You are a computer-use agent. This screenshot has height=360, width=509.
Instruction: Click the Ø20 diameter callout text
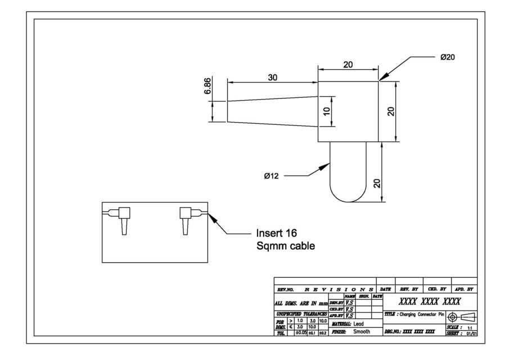tap(448, 57)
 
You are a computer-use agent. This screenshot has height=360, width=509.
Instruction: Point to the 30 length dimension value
tap(272, 78)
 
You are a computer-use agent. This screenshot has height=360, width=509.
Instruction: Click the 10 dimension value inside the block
tap(327, 111)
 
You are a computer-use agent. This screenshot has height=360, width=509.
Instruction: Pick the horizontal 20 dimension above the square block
tap(348, 65)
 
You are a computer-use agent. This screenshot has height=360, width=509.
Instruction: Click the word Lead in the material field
tap(358, 323)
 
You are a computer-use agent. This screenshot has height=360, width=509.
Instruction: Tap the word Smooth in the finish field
tap(362, 332)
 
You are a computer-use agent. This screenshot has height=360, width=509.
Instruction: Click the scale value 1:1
tap(469, 327)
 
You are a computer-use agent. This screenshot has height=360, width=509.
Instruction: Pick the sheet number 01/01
tap(470, 333)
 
